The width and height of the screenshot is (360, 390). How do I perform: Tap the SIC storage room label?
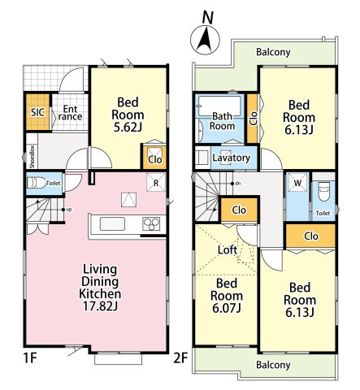[x=37, y=112]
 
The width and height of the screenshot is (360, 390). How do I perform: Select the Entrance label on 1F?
[x=70, y=113]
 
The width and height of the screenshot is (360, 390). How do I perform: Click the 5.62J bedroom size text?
[x=128, y=127]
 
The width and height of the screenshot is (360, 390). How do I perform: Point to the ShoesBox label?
[x=33, y=157]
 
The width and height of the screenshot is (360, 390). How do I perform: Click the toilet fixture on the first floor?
[x=37, y=183]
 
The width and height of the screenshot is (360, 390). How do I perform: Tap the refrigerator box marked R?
[x=156, y=183]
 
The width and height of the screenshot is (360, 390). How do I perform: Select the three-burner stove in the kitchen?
[x=151, y=224]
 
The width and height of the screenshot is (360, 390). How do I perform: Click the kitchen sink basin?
[x=112, y=224]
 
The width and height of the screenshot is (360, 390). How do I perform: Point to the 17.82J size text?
[x=100, y=306]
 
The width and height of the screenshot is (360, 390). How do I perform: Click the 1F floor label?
[x=30, y=358]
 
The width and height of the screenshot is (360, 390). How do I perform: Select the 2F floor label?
[x=180, y=358]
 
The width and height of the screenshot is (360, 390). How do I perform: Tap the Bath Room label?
[x=222, y=121]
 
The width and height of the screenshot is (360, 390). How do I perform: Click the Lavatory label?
[x=231, y=158]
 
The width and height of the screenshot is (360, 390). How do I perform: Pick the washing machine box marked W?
[x=297, y=183]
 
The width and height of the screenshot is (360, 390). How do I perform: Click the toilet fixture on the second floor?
[x=323, y=191]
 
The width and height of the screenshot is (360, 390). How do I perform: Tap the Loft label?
[x=228, y=249]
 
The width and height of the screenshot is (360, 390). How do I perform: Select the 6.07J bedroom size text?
[x=227, y=308]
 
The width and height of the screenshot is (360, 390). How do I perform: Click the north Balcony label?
[x=273, y=52]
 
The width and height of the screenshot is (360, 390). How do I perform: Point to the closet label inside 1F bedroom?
[x=155, y=159]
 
